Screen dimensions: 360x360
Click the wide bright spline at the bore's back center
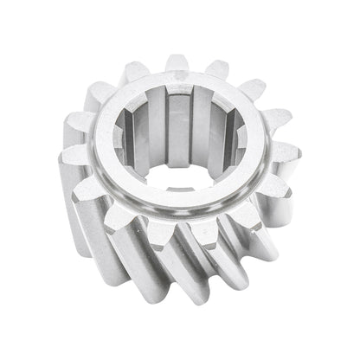[x=178, y=117]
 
